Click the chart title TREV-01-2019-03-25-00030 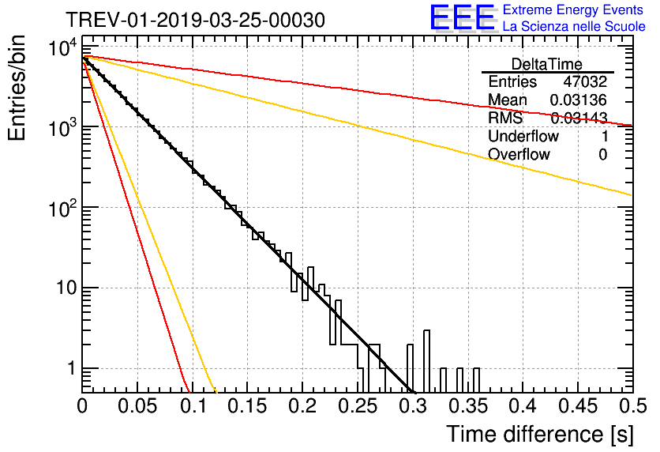194,21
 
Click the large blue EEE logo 463,18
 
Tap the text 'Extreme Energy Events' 573,10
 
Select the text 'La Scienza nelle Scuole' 574,27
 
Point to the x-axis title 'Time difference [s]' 538,434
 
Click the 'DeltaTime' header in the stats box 547,64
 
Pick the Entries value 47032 585,82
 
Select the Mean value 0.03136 578,100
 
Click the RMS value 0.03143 578,119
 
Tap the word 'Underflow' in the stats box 523,137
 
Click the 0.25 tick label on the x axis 357,406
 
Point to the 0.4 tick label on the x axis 522,406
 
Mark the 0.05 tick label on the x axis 137,406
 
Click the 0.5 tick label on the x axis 632,406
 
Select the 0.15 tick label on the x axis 247,406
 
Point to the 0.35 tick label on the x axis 467,406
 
